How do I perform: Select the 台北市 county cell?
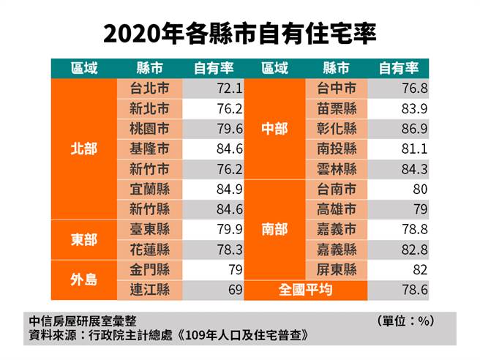(149, 89)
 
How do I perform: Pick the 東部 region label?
(83, 240)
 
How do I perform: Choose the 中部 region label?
(274, 129)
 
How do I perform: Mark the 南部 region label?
(274, 230)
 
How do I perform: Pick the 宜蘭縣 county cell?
(149, 190)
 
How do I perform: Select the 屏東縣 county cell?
(337, 270)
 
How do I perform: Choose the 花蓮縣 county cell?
(149, 250)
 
